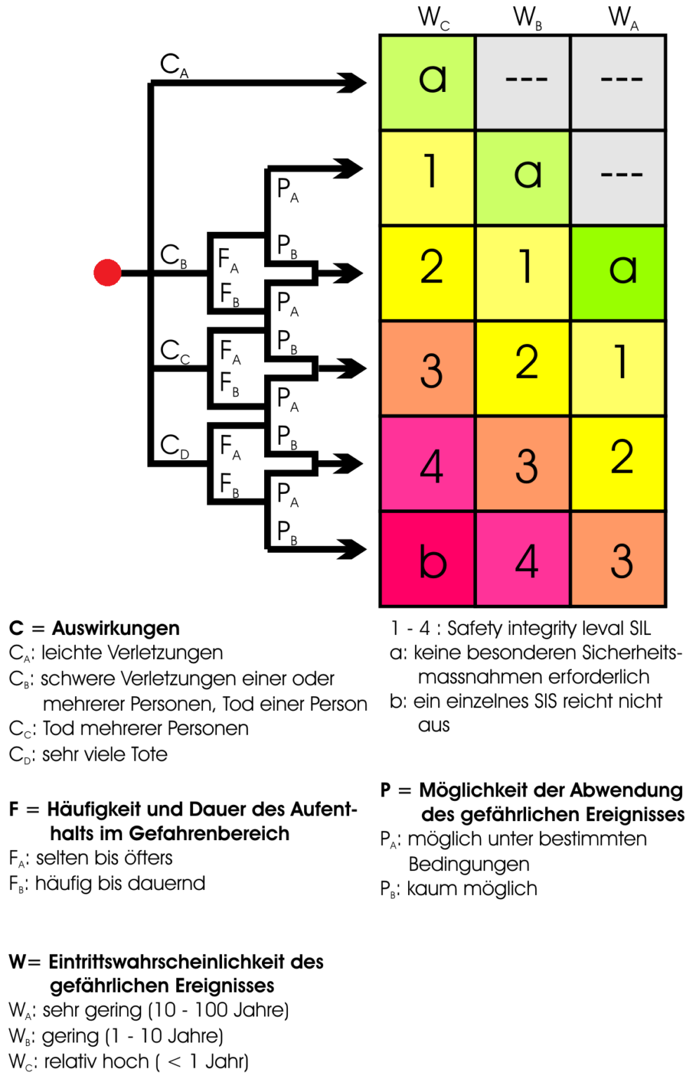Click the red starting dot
(107, 273)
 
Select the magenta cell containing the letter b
(427, 558)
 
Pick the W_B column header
(528, 18)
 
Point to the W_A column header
(623, 18)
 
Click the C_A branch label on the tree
(174, 65)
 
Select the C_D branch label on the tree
(174, 447)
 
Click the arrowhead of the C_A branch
(352, 83)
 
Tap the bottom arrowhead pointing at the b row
(352, 549)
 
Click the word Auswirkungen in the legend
(116, 628)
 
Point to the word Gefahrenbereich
(209, 833)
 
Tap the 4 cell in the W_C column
(427, 464)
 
